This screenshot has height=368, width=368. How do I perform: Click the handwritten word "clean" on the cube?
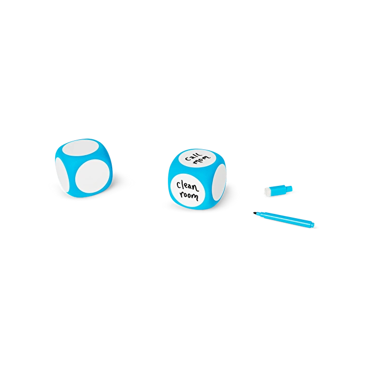click(x=187, y=186)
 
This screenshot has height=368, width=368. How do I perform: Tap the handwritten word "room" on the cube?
click(x=189, y=196)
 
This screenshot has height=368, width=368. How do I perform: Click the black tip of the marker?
click(x=255, y=213)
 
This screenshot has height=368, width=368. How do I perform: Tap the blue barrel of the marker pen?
click(x=285, y=218)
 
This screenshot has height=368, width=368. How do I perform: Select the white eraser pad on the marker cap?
click(x=267, y=191)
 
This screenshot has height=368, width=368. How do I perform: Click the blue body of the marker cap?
click(x=277, y=190)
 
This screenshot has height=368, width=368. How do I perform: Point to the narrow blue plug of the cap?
click(x=289, y=188)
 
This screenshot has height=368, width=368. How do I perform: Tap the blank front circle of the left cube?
click(x=93, y=175)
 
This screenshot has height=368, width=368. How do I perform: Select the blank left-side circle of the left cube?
click(x=62, y=174)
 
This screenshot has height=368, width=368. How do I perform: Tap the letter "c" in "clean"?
click(x=179, y=185)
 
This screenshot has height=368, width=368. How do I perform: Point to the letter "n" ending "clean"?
click(x=196, y=188)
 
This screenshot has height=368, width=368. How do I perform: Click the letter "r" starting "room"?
click(x=182, y=194)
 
